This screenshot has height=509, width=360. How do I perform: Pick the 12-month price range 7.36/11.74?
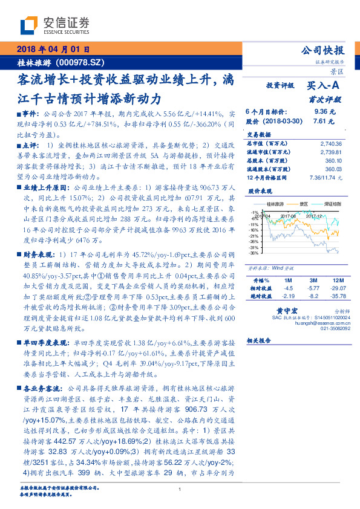(x=327, y=177)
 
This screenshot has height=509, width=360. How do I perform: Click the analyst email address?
(x=322, y=323)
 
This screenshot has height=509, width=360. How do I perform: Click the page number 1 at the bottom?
(x=180, y=498)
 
